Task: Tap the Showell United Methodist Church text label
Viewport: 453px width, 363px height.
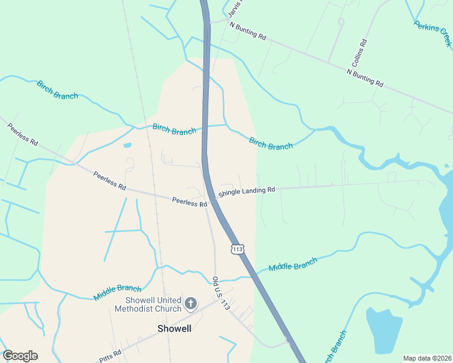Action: click(153, 304)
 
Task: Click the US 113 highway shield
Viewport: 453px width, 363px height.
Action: click(237, 249)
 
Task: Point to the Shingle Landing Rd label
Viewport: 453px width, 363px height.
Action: click(246, 191)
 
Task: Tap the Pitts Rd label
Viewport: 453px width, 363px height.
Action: click(111, 356)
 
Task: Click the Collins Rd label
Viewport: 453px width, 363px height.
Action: click(359, 54)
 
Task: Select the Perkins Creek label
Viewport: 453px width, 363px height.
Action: click(432, 34)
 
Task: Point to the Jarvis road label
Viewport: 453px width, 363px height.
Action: click(235, 9)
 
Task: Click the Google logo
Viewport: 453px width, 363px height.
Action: click(20, 356)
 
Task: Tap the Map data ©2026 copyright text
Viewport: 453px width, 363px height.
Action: click(426, 358)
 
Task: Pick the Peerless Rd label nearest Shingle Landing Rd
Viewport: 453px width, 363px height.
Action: click(189, 202)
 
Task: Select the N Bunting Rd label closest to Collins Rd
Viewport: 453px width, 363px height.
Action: click(365, 77)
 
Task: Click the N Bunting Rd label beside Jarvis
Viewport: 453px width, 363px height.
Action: click(247, 32)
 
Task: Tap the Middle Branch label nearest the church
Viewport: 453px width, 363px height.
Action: click(117, 293)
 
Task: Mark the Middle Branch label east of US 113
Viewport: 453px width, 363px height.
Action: click(293, 264)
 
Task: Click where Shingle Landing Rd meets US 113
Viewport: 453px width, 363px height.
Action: click(213, 198)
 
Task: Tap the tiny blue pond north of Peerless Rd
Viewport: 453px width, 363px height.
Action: click(127, 145)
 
